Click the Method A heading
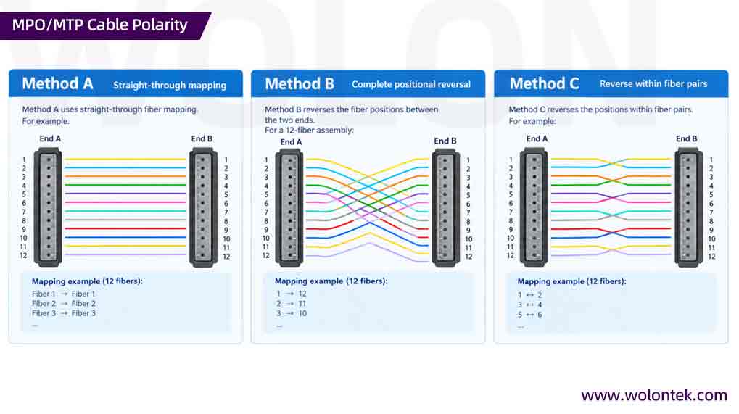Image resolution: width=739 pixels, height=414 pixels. pyautogui.click(x=57, y=83)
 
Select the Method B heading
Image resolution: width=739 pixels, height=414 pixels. pyautogui.click(x=300, y=84)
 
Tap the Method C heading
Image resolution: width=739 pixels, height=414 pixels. pyautogui.click(x=545, y=83)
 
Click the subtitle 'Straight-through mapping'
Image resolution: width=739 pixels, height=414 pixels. pyautogui.click(x=170, y=86)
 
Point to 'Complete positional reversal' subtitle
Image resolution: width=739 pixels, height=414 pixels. pyautogui.click(x=411, y=84)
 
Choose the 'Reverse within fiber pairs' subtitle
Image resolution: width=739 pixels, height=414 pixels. pyautogui.click(x=653, y=84)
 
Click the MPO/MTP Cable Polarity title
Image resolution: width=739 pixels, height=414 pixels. pyautogui.click(x=100, y=25)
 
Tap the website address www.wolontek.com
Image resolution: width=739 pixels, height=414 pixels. pyautogui.click(x=654, y=394)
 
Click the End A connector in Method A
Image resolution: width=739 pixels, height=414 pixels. pyautogui.click(x=48, y=207)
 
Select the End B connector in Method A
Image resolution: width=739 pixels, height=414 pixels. pyautogui.click(x=203, y=207)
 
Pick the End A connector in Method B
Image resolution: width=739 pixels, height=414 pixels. pyautogui.click(x=289, y=207)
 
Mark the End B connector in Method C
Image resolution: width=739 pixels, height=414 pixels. pyautogui.click(x=688, y=207)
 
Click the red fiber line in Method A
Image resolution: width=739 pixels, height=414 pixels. pyautogui.click(x=125, y=228)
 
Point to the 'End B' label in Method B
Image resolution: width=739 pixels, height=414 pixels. pyautogui.click(x=445, y=141)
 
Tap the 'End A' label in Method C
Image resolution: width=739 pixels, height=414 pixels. pyautogui.click(x=537, y=138)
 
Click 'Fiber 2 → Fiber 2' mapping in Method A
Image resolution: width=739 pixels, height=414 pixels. pyautogui.click(x=64, y=303)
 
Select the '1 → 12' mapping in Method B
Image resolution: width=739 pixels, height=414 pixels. pyautogui.click(x=292, y=294)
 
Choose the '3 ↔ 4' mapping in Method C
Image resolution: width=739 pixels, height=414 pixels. pyautogui.click(x=529, y=305)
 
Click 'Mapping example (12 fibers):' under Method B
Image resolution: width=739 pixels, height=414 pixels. pyautogui.click(x=331, y=281)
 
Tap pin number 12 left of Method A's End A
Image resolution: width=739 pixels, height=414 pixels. pyautogui.click(x=23, y=255)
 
